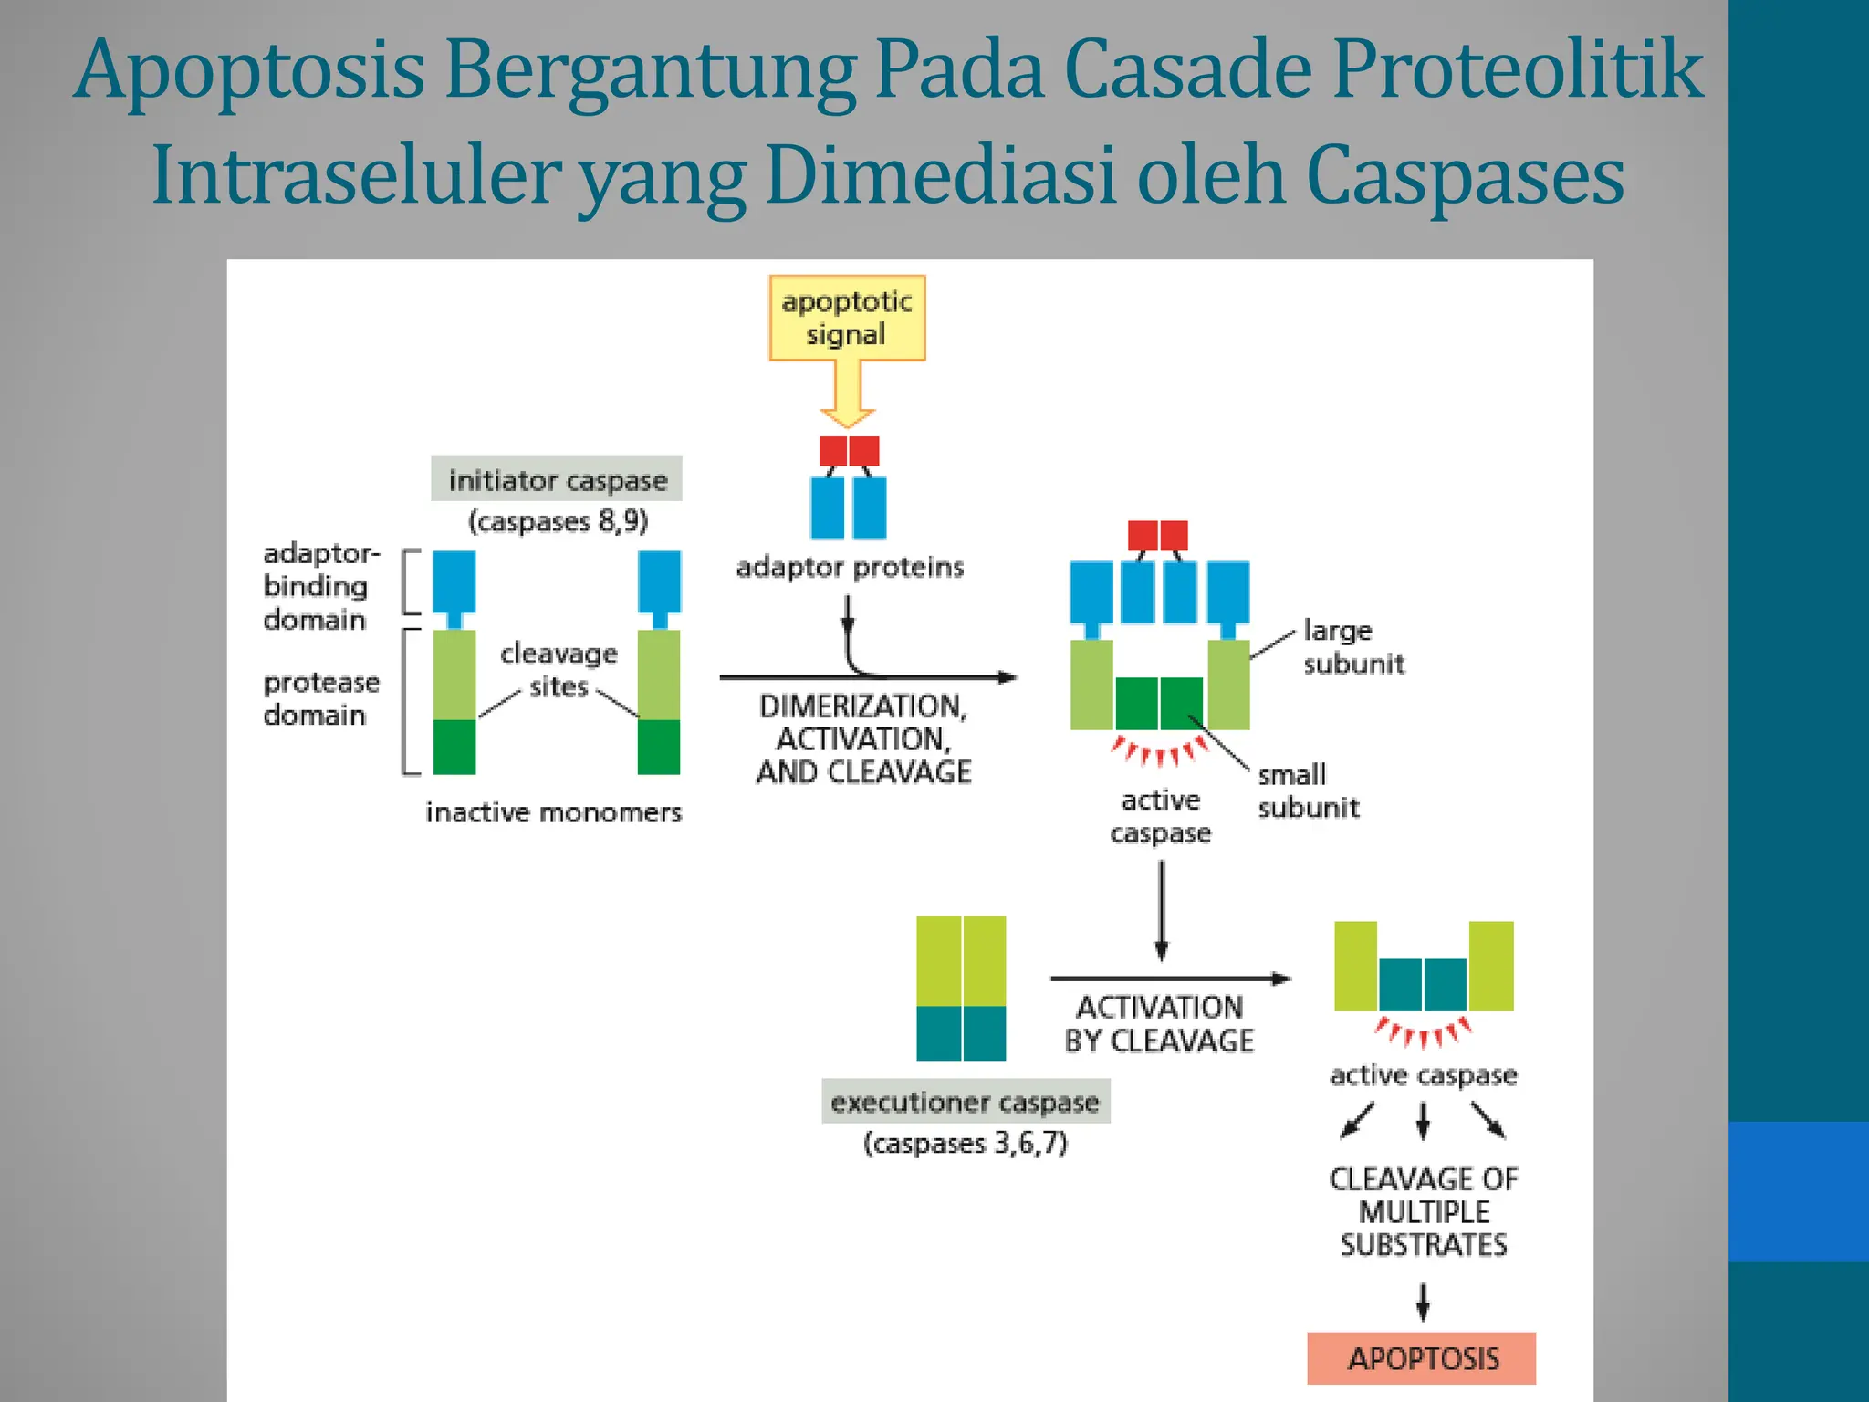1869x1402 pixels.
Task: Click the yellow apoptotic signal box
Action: [x=847, y=318]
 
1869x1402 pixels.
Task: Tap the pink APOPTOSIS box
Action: [x=1421, y=1358]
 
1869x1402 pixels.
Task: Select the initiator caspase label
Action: [x=557, y=479]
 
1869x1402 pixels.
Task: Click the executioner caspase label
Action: [x=965, y=1102]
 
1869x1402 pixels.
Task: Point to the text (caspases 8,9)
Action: [x=558, y=521]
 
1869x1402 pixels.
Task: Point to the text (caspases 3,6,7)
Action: [x=965, y=1143]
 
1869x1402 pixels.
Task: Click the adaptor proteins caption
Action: [x=850, y=567]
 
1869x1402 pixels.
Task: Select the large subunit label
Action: [x=1352, y=646]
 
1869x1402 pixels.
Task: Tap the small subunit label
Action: [x=1307, y=790]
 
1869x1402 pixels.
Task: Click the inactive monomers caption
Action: [x=553, y=811]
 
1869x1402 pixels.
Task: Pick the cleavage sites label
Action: [x=559, y=669]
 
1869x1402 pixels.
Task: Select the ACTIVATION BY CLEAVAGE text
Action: [x=1159, y=1023]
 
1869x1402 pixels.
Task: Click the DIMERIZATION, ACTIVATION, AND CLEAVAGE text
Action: [x=862, y=738]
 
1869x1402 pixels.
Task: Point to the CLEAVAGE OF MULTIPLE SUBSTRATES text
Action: [x=1423, y=1211]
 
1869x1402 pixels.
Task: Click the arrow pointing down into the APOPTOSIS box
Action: [x=1422, y=1302]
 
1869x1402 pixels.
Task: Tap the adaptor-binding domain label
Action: [x=319, y=586]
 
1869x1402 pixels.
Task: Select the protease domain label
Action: [x=320, y=698]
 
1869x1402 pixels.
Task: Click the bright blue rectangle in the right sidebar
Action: [x=1798, y=1191]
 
